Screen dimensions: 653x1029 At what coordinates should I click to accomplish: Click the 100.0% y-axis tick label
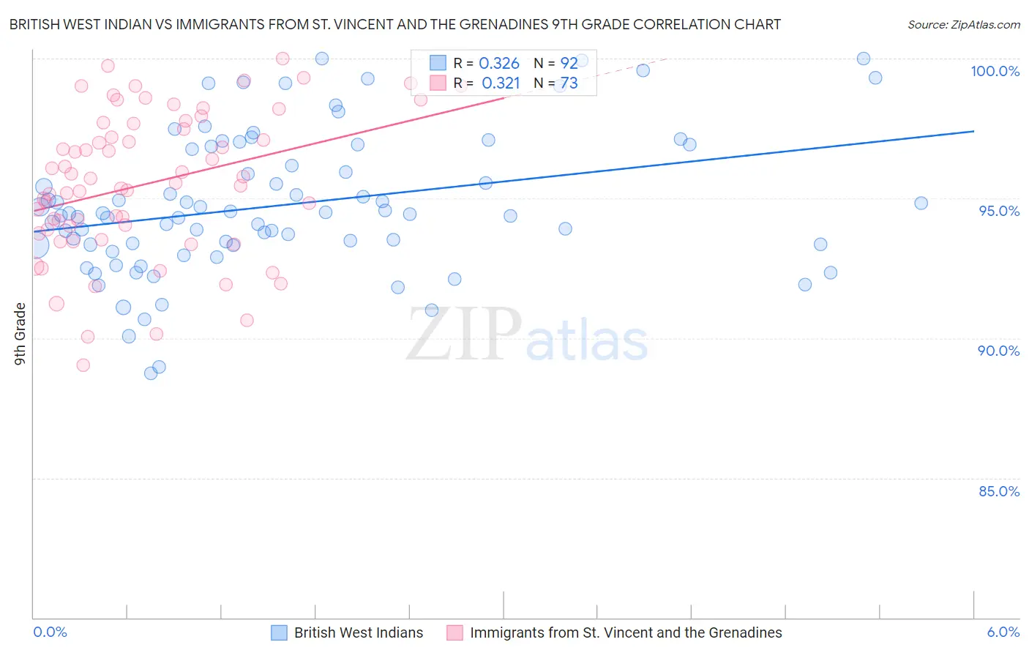[995, 71]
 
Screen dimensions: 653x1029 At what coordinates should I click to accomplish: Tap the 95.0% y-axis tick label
[999, 211]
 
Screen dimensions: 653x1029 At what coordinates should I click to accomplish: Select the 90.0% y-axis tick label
[998, 351]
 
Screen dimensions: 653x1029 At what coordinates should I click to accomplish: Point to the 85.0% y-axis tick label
[999, 491]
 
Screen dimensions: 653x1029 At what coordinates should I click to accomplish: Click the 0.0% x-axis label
[50, 633]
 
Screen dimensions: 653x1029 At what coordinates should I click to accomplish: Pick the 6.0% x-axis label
[1003, 633]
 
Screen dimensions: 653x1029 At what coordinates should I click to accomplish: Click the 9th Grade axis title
[20, 334]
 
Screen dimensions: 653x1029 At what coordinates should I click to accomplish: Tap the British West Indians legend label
[359, 633]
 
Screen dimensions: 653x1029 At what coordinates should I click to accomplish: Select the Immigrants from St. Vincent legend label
[626, 633]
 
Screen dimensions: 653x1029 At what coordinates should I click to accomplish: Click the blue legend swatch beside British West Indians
[279, 633]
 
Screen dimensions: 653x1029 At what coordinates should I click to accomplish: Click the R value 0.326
[498, 64]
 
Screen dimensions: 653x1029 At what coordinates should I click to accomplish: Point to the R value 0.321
[501, 83]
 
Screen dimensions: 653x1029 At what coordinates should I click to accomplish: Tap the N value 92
[569, 64]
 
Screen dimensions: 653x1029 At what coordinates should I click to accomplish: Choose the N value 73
[569, 83]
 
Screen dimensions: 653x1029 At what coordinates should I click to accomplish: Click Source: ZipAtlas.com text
[963, 25]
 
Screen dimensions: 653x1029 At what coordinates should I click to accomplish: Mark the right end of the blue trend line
[973, 131]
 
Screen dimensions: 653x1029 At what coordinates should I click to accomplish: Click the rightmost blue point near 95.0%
[921, 204]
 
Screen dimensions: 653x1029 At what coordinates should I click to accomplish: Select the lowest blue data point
[151, 373]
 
